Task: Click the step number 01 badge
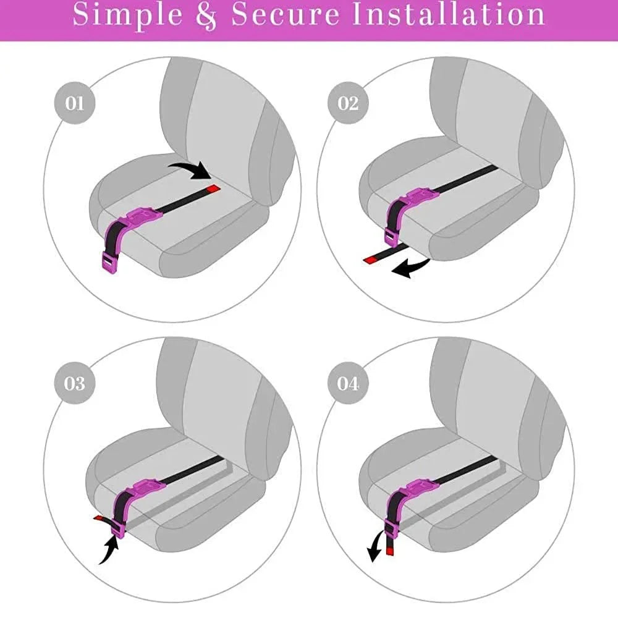tap(74, 103)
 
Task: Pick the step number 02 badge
tap(348, 103)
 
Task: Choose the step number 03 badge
tap(74, 383)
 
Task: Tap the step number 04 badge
tap(348, 383)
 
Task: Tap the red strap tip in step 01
tap(213, 188)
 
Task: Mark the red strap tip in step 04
tap(390, 548)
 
